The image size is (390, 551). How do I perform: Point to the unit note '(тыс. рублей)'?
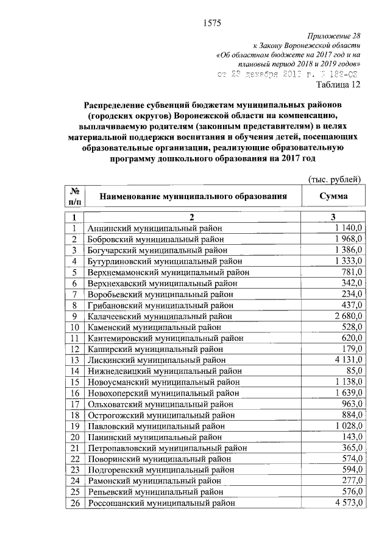(335, 178)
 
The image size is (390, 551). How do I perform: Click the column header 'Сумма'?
(333, 197)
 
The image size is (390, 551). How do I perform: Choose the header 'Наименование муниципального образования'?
(193, 197)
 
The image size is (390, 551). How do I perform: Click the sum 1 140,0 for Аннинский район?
(348, 228)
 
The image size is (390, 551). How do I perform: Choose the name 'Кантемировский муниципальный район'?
(165, 337)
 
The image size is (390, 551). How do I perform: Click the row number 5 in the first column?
(74, 272)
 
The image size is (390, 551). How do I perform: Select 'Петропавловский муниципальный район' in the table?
(167, 447)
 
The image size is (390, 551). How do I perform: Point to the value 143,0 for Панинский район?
(352, 436)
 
